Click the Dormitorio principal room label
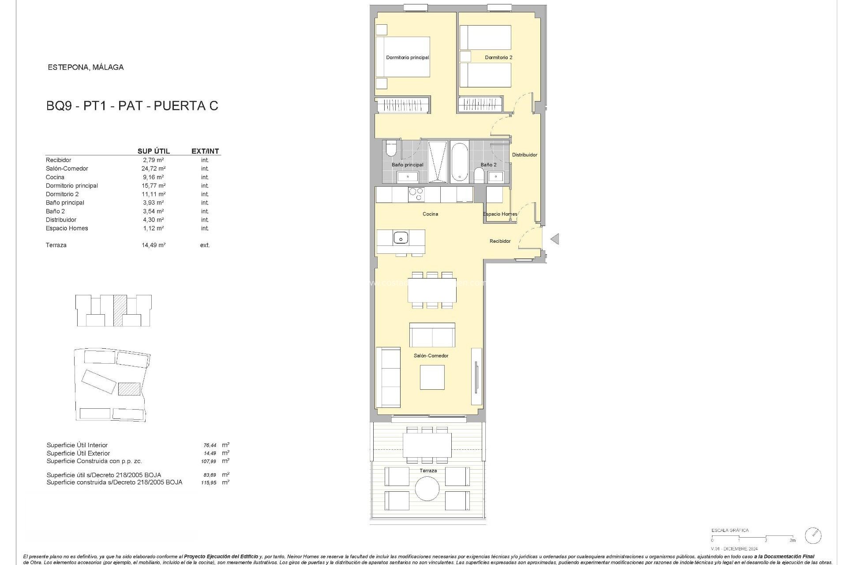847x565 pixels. pos(407,57)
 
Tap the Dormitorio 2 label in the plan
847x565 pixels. pos(498,57)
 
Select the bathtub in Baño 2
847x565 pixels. pos(459,162)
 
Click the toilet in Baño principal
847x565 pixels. pos(391,149)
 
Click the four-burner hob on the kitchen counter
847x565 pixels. pos(416,194)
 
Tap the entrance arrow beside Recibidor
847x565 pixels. pos(555,239)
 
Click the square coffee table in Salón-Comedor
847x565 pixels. pos(432,377)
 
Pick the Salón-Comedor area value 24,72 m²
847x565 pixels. pos(154,169)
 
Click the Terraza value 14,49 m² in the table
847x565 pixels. pos(154,245)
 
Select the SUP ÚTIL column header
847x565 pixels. pos(154,151)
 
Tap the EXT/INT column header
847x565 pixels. pos(205,151)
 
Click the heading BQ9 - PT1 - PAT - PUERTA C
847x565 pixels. pos(132,106)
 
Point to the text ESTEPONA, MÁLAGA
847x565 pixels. pos(86,68)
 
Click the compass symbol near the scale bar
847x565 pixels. pos(813,535)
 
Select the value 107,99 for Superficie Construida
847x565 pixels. pos(209,461)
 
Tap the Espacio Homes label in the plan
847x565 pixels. pos(500,214)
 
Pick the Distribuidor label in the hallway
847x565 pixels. pos(525,155)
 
